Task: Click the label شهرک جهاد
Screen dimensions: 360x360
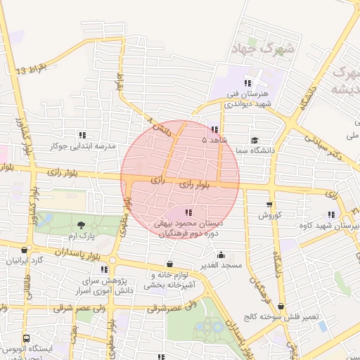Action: click(x=255, y=49)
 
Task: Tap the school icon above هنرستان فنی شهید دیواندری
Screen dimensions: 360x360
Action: click(x=246, y=81)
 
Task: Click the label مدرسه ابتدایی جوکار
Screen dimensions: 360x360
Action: click(x=83, y=146)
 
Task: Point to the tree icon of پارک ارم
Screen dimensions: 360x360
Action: click(x=83, y=226)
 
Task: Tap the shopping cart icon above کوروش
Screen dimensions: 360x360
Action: click(x=269, y=205)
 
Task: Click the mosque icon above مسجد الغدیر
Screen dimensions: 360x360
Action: click(x=221, y=255)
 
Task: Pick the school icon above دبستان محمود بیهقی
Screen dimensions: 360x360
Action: click(x=188, y=212)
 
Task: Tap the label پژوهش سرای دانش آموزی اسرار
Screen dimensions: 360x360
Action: click(x=103, y=285)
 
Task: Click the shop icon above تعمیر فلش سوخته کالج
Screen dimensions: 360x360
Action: click(x=281, y=306)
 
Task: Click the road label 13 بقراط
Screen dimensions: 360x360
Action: click(x=32, y=69)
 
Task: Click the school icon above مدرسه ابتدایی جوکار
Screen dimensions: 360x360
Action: click(x=83, y=134)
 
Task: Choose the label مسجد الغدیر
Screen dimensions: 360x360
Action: click(x=222, y=265)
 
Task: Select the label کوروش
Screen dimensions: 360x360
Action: click(x=269, y=214)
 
